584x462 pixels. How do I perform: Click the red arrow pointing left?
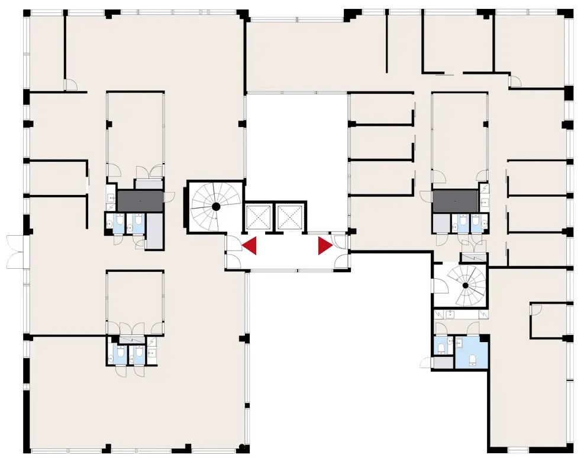(x=251, y=245)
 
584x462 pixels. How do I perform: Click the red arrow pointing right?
(x=324, y=245)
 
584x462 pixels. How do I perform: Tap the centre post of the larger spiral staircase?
(x=217, y=206)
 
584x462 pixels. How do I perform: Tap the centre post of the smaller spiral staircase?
(x=466, y=285)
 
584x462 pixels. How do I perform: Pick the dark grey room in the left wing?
(x=140, y=201)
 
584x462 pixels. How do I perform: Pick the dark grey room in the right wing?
(x=455, y=201)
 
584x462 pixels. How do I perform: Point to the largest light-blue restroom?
(x=472, y=352)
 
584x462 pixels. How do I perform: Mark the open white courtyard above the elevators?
(x=296, y=148)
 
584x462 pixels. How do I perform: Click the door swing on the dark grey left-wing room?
(x=169, y=196)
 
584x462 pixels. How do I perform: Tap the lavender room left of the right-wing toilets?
(x=441, y=223)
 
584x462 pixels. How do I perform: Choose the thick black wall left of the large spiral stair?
(x=188, y=207)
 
